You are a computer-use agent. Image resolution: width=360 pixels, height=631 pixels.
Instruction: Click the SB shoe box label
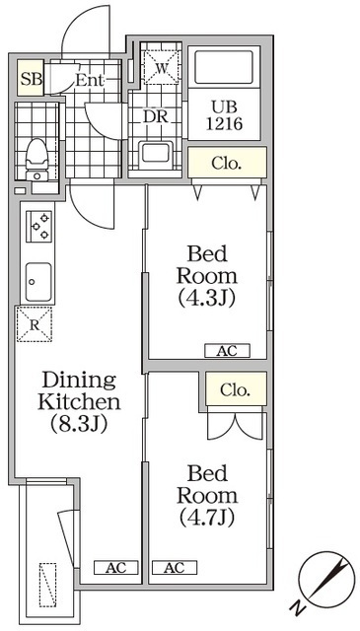coord(31,79)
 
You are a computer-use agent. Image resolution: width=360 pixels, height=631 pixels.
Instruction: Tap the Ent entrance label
coord(90,81)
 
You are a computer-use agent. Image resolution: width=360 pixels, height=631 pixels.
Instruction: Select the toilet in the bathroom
coord(37,160)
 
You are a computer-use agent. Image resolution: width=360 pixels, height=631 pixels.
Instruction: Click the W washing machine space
coord(161,67)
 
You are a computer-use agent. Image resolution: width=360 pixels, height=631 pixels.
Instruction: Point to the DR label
coord(156,116)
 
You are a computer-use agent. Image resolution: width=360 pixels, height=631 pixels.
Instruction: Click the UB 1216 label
coord(224,116)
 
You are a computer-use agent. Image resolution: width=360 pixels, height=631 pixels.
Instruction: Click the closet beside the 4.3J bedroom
coord(227,162)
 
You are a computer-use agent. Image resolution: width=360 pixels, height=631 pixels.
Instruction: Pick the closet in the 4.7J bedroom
coord(236,388)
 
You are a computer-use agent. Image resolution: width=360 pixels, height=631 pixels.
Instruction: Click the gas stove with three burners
coord(39,227)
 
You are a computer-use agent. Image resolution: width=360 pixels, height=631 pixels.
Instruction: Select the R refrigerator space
coord(35,324)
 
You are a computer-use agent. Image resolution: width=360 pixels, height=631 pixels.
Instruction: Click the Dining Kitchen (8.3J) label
coord(79,402)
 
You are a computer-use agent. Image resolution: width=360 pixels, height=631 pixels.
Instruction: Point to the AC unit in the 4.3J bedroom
coord(227,351)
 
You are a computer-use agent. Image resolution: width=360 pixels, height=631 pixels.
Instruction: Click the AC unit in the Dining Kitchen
coord(116,568)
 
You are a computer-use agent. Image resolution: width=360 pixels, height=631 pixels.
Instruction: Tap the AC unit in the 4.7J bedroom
coord(175,568)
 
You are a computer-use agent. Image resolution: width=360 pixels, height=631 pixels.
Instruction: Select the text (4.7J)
coord(207,519)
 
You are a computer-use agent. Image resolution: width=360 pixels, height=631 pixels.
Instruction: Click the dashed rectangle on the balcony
coord(47,585)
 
